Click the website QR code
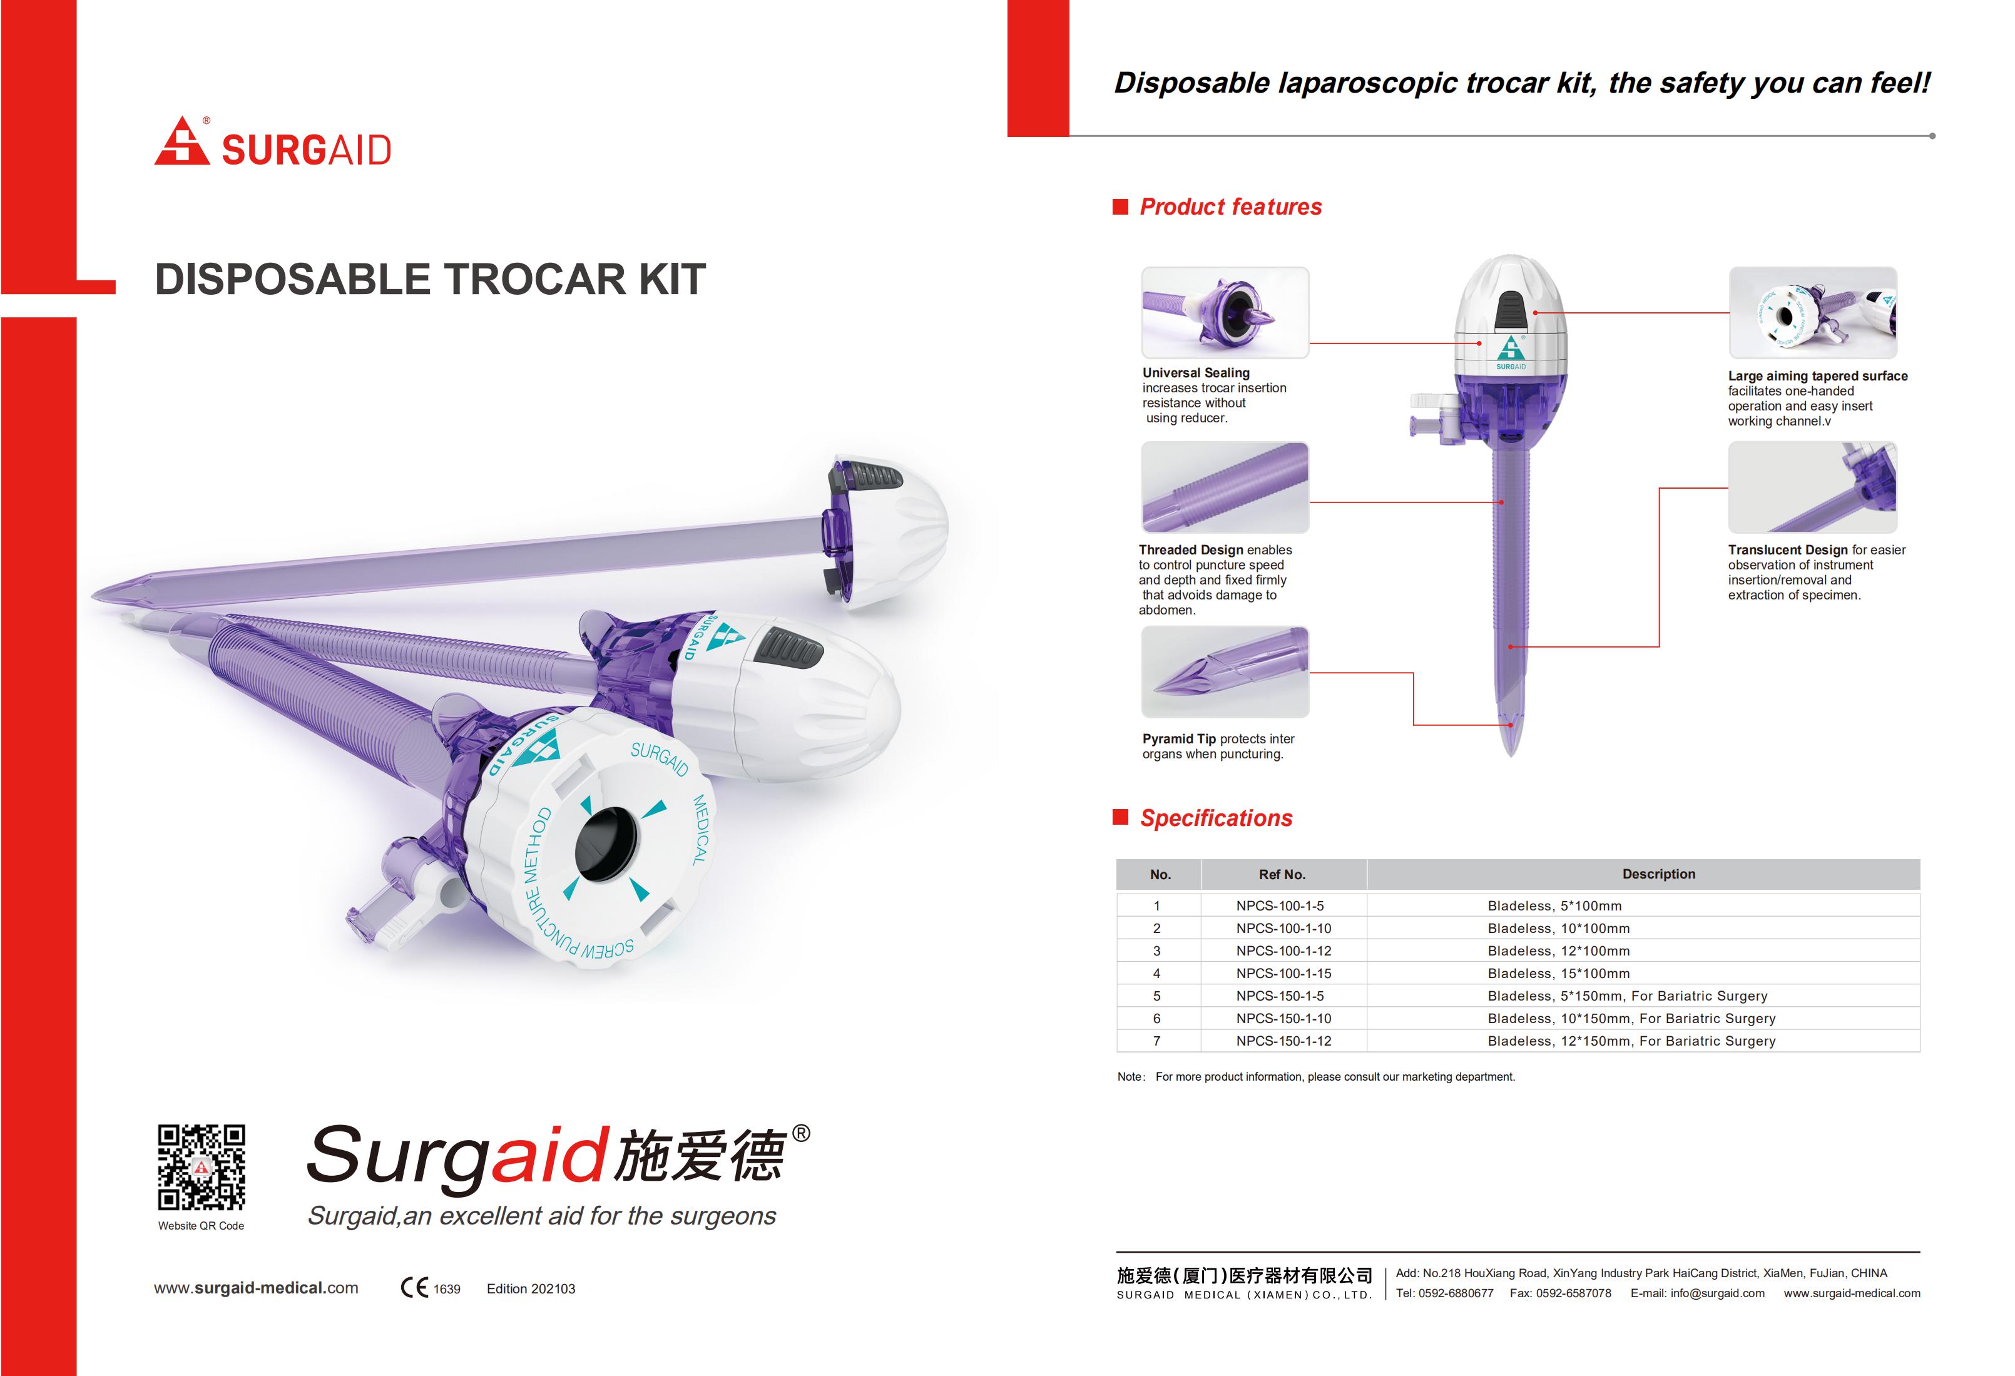(201, 1167)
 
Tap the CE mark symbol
(414, 1288)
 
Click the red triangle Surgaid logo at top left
(182, 141)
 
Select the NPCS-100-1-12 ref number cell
(1283, 950)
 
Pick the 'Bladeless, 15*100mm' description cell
(1558, 973)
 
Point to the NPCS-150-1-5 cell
(1280, 996)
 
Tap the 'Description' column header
(1659, 874)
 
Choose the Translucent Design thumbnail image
(1812, 487)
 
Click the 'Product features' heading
(1230, 206)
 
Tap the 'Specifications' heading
(1216, 818)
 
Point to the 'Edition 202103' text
(531, 1288)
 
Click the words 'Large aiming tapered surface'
(1817, 375)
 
